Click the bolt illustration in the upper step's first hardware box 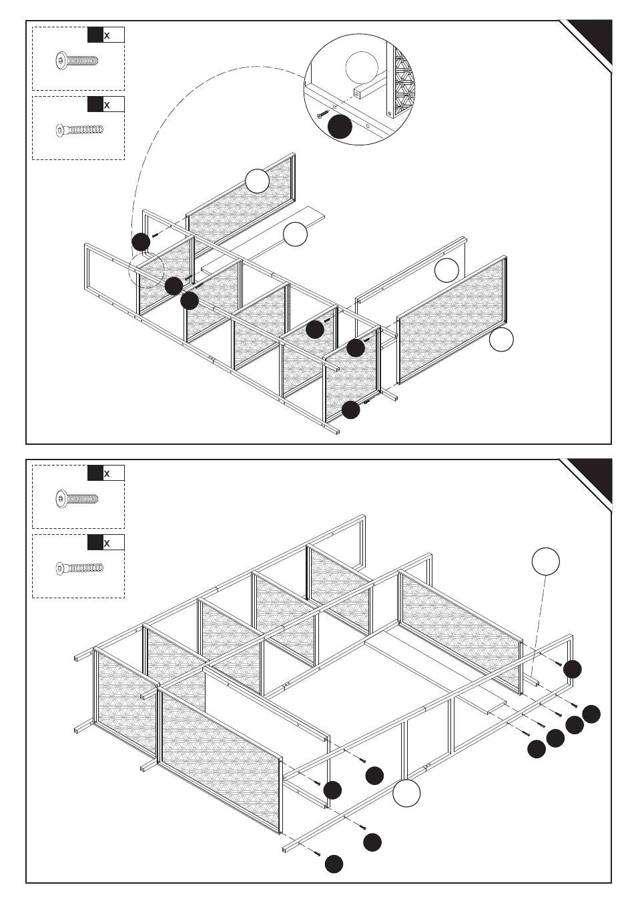tap(76, 61)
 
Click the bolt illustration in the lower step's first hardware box tap(76, 498)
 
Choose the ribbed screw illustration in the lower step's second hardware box tap(79, 569)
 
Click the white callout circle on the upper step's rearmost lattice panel tap(257, 181)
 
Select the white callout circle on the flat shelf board tap(295, 235)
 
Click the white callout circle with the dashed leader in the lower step tap(545, 562)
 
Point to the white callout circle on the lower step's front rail tap(406, 794)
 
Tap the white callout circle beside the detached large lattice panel tap(501, 339)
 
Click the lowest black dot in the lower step tap(334, 864)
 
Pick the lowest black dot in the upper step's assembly tap(350, 410)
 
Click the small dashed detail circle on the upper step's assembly tap(146, 269)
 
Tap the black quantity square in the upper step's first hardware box tap(95, 35)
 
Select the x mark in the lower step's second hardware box tap(107, 544)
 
